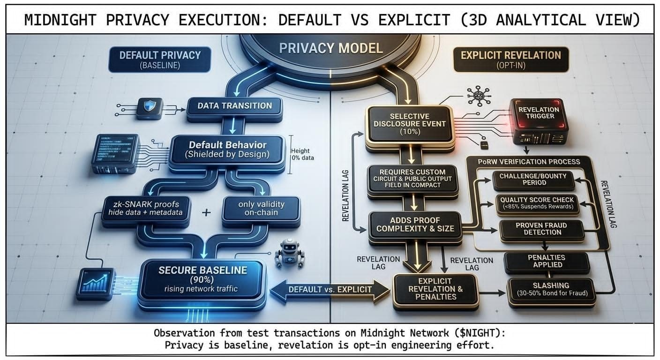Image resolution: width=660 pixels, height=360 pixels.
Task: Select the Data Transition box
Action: (x=234, y=105)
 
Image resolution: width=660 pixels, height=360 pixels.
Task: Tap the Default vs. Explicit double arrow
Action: (x=330, y=289)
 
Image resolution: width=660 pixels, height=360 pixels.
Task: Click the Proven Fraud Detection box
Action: (x=541, y=229)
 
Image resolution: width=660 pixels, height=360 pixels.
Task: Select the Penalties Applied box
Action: (x=546, y=262)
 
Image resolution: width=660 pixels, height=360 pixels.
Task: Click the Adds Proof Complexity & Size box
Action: (x=415, y=225)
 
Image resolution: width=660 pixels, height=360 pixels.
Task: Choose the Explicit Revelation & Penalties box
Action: (x=435, y=289)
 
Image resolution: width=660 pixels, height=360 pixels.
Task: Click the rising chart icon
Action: (x=95, y=283)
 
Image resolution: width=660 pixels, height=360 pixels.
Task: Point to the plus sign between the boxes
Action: (x=205, y=212)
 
